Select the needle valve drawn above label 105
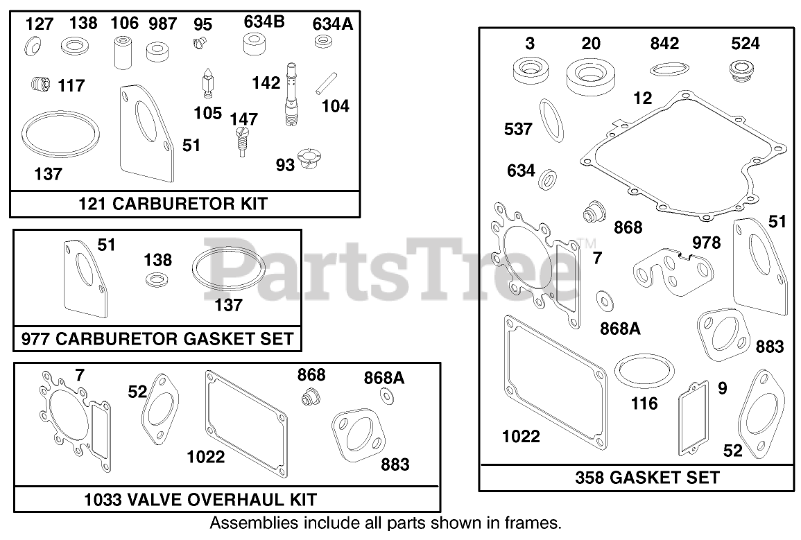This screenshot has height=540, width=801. [x=207, y=84]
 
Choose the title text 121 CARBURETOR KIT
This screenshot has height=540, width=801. [x=183, y=204]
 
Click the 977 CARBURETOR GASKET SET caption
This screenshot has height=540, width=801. [x=157, y=340]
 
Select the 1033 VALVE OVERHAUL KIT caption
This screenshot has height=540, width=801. [x=200, y=499]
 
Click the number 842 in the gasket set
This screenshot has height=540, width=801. [x=664, y=44]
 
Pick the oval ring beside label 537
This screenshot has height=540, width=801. [x=551, y=122]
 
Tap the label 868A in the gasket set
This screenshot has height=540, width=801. [x=620, y=329]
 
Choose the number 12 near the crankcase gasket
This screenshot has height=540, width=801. [x=642, y=98]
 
